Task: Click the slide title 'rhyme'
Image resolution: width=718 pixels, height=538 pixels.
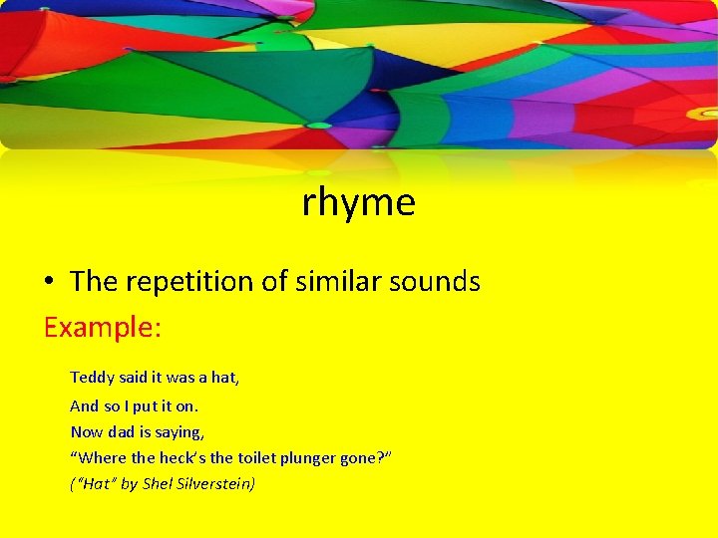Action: (358, 203)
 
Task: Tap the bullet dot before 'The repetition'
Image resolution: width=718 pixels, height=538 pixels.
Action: (49, 283)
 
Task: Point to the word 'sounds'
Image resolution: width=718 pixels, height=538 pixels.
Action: (435, 282)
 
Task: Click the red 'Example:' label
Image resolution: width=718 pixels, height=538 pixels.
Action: (102, 328)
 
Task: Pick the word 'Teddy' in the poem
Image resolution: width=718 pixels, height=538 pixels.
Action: (93, 378)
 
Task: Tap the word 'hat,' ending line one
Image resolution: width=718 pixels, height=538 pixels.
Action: (224, 378)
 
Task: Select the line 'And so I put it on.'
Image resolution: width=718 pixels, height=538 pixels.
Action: (134, 405)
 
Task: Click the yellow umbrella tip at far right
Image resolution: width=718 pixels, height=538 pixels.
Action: (701, 114)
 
